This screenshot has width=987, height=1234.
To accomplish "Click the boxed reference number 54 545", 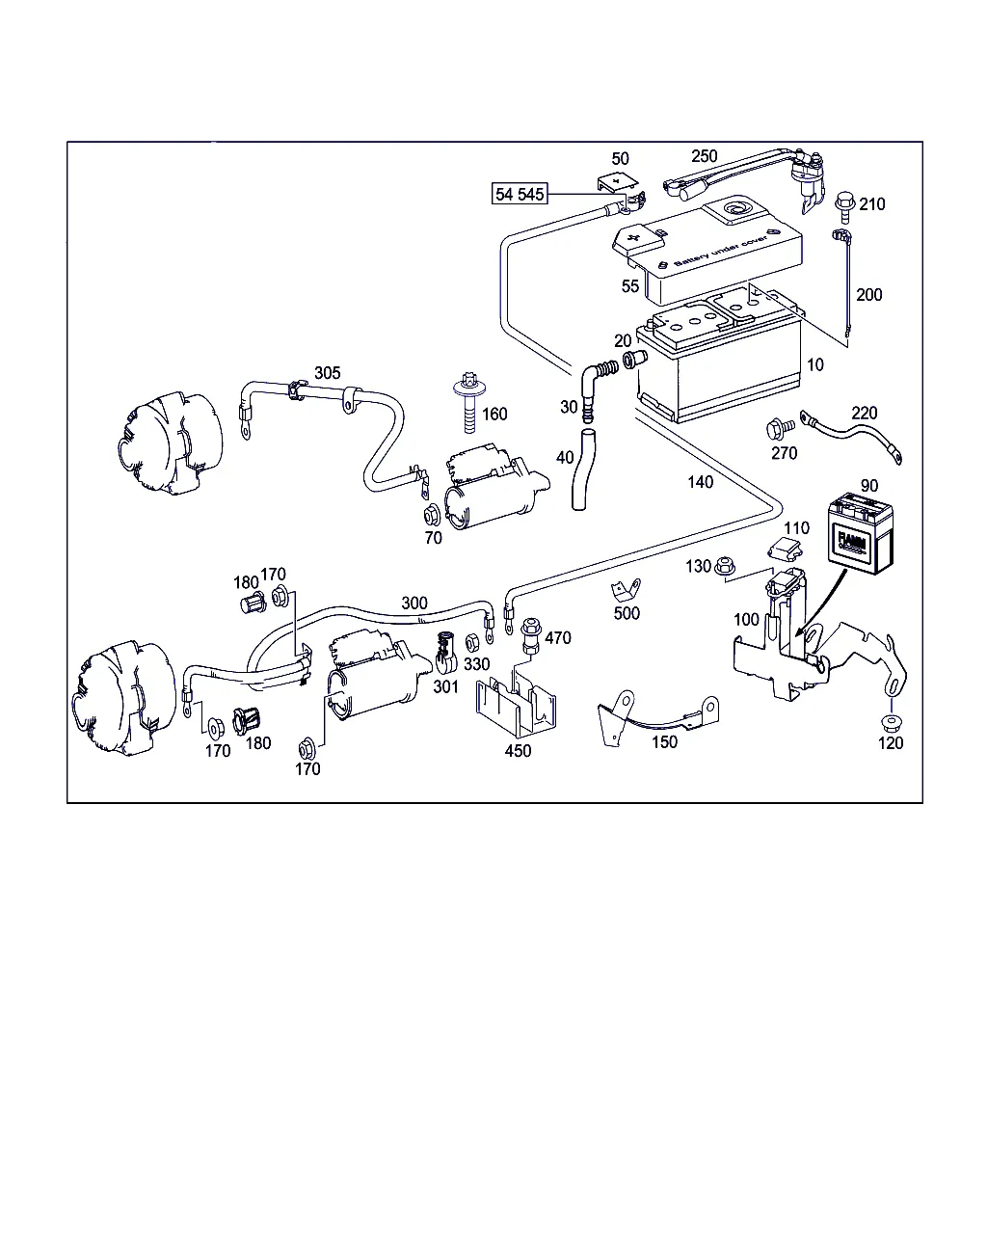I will (x=520, y=194).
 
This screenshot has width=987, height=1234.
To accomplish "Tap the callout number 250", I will (x=705, y=156).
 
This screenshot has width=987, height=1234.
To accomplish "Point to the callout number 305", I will (x=328, y=373).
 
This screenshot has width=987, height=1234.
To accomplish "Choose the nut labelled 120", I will (x=887, y=723).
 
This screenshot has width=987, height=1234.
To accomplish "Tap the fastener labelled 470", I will (x=528, y=634).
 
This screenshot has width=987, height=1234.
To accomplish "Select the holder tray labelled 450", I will (x=517, y=708).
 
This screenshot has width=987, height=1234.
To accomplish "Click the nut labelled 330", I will (x=472, y=643).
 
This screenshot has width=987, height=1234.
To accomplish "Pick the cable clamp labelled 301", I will (x=446, y=654).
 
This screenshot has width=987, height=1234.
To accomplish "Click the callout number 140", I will (x=701, y=482).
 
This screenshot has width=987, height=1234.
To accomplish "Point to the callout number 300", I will (x=414, y=603).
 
